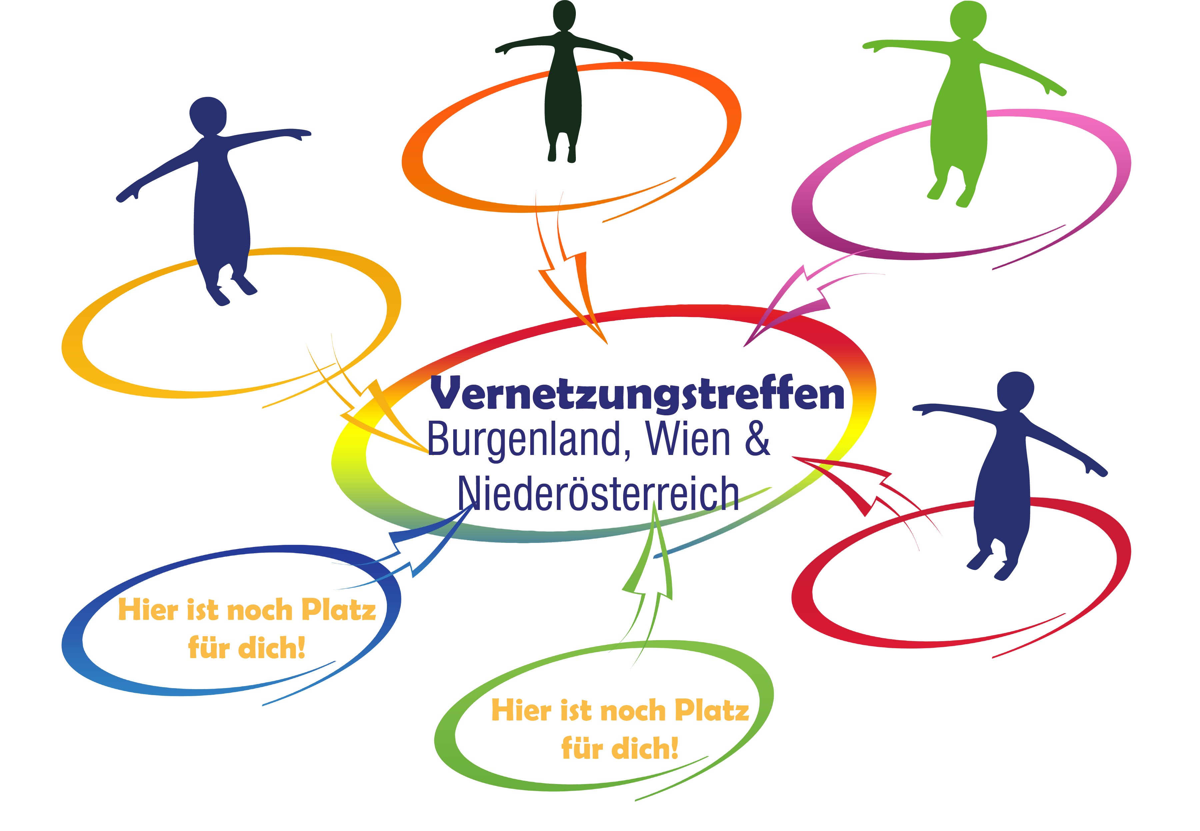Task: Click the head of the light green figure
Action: (x=968, y=20)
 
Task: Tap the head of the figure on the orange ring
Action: (x=564, y=16)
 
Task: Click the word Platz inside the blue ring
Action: (x=339, y=609)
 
